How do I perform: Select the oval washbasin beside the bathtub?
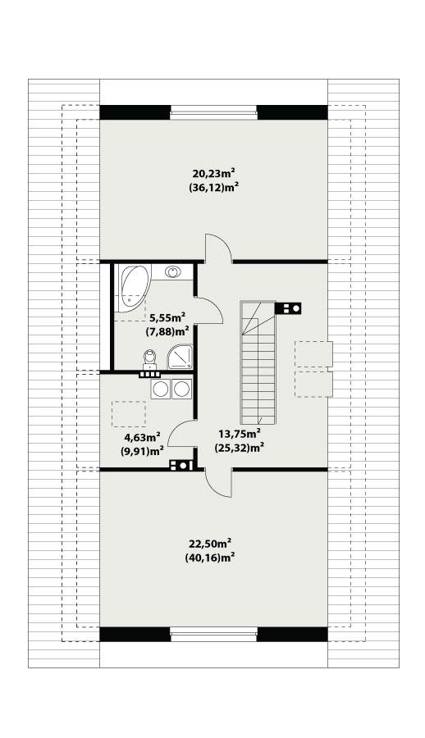pos(172,271)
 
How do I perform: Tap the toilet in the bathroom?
pos(149,358)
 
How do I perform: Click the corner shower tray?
pos(180,358)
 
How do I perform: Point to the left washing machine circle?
pos(161,389)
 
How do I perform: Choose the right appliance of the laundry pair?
pos(181,389)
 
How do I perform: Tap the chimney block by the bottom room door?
pos(181,466)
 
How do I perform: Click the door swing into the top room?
pos(217,247)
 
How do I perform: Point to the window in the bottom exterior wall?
pos(213,633)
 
